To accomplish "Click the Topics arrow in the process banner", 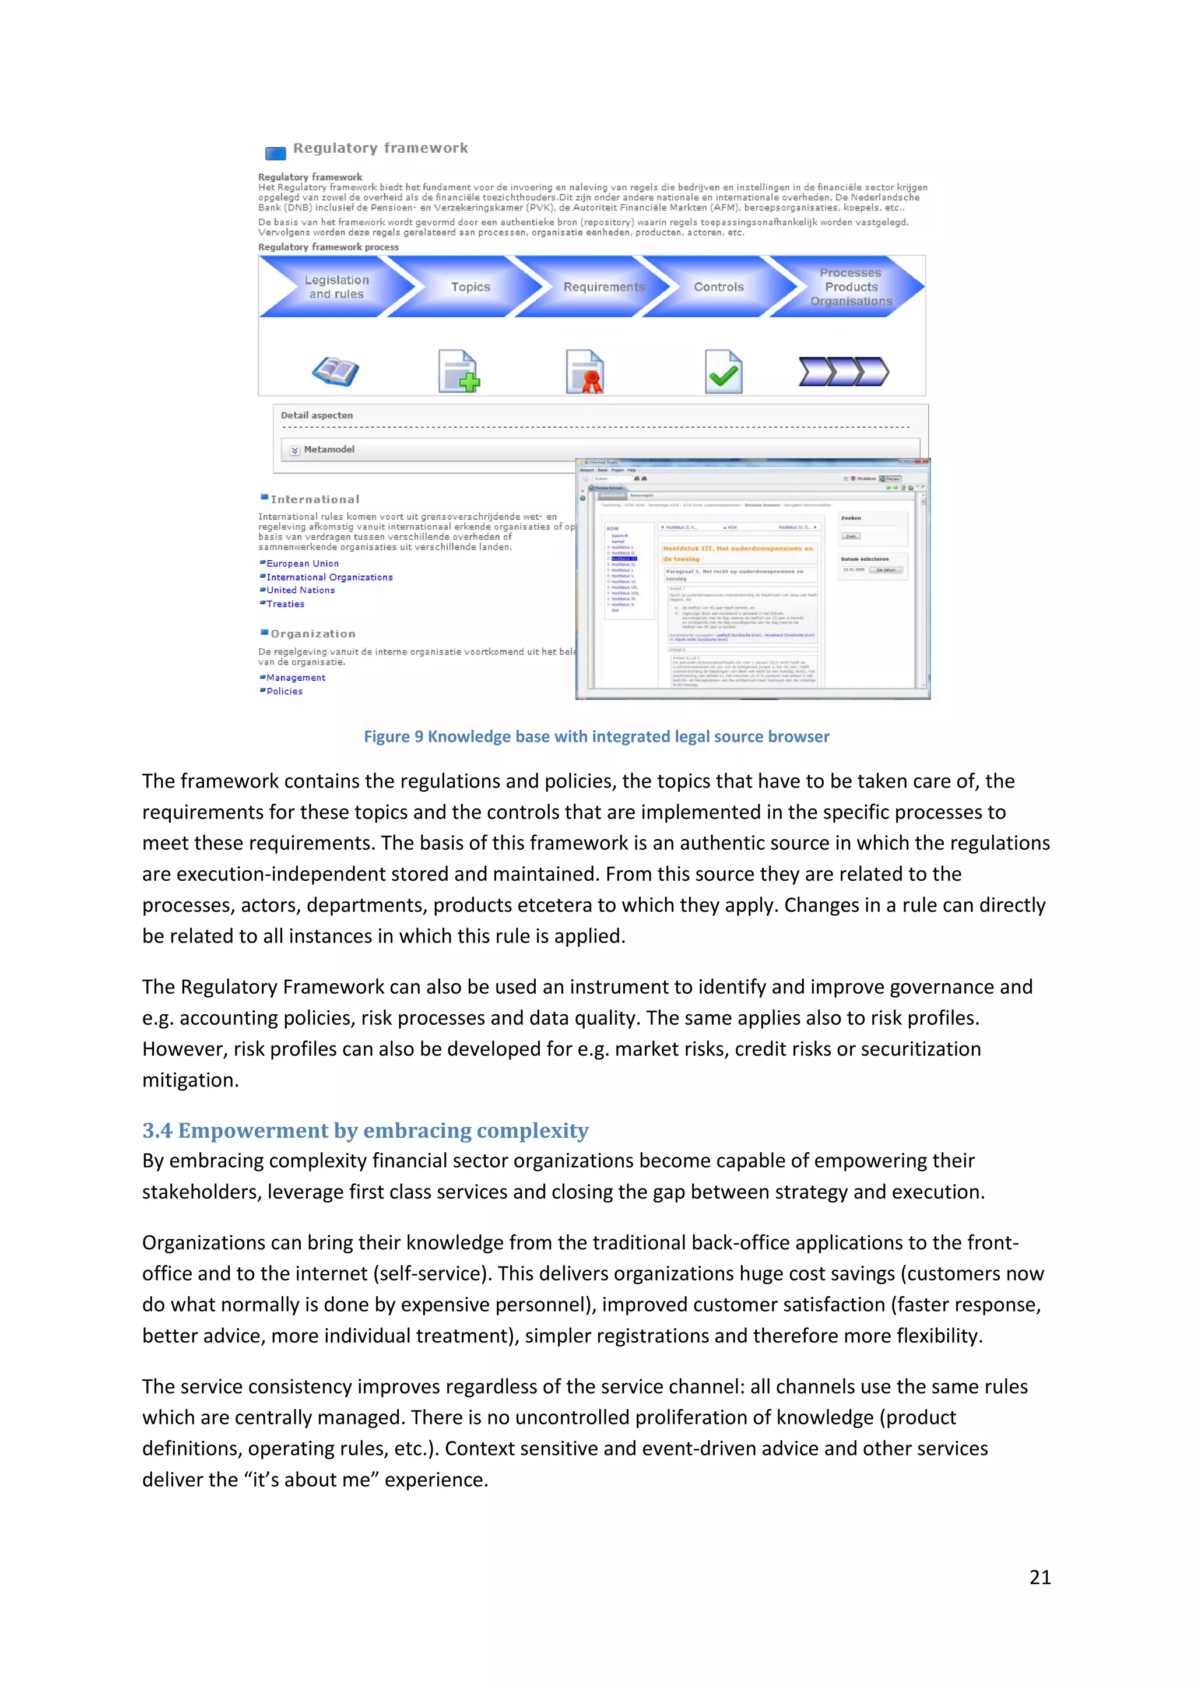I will click(470, 287).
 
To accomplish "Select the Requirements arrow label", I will click(603, 287).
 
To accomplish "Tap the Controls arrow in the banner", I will click(718, 287).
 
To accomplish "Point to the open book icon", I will click(335, 371).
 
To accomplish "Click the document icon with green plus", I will click(459, 371).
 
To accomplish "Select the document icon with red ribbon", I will click(585, 371).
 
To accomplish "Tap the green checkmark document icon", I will click(724, 371).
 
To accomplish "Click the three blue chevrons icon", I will click(843, 371).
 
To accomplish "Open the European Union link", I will click(302, 564).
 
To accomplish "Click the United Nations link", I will click(300, 590).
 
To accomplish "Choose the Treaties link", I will click(285, 604).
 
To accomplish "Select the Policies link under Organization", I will click(285, 692).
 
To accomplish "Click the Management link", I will click(296, 678).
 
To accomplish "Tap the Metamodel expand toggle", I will click(295, 450).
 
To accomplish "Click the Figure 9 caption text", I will click(596, 737).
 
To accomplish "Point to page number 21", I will click(1040, 1577).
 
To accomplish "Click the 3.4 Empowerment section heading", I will click(366, 1130).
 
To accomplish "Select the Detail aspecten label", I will click(317, 416).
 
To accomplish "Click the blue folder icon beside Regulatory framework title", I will click(276, 153).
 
